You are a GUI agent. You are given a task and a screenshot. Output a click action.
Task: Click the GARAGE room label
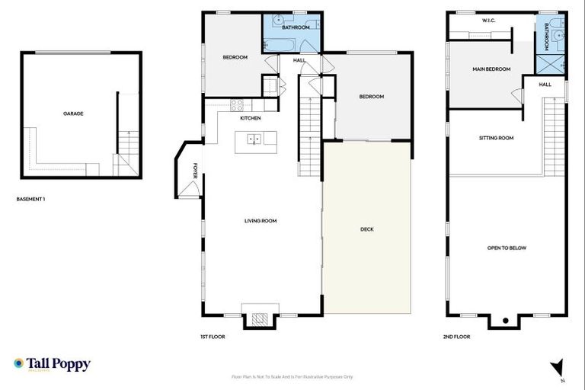pos(73,113)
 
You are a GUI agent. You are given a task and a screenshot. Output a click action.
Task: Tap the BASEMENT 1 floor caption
pos(30,199)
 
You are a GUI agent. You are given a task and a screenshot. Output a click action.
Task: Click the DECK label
pos(366,229)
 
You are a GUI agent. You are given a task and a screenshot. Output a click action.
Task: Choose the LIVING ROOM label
pos(260,221)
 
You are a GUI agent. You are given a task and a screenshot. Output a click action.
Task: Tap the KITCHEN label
pos(251,119)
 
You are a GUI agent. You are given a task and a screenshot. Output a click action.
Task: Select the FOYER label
pos(195,171)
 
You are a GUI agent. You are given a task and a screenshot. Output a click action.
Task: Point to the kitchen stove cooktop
pos(236,106)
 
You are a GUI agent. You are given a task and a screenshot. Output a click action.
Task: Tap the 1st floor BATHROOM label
pos(296,27)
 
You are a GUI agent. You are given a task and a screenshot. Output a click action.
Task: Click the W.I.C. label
pos(489,21)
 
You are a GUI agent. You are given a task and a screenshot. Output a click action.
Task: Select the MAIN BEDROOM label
pos(491,69)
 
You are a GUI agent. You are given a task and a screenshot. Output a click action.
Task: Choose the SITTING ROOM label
pos(496,138)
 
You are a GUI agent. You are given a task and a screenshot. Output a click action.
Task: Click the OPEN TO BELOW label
pos(507,248)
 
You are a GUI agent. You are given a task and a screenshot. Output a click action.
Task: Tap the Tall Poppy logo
pos(52,364)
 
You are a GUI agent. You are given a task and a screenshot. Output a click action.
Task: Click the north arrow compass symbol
pos(560,366)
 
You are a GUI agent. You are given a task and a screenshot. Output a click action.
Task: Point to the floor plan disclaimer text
pos(292,376)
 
